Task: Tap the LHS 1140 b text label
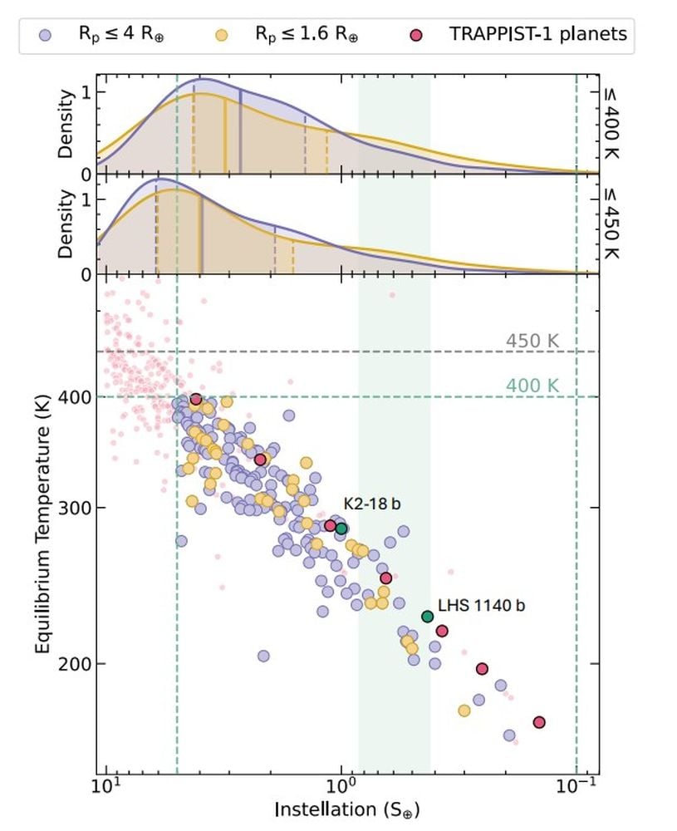pos(481,605)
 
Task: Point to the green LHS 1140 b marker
pos(428,617)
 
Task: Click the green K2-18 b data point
pos(341,529)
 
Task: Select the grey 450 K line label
pos(532,341)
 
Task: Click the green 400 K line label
pos(532,386)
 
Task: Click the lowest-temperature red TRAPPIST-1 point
pos(539,722)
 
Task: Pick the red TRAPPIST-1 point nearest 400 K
pos(196,400)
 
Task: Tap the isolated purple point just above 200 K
pos(263,656)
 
